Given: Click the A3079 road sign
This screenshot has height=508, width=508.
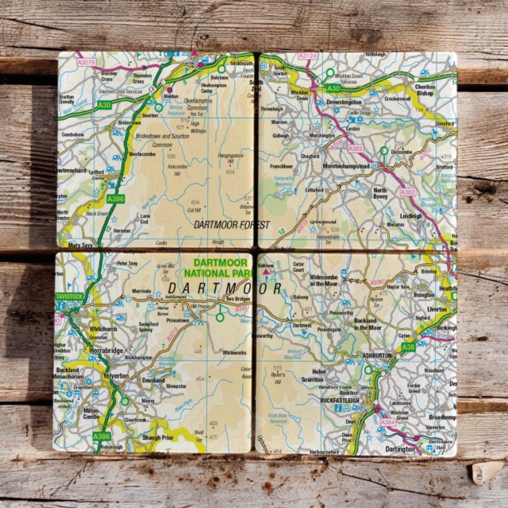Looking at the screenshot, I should (x=88, y=60).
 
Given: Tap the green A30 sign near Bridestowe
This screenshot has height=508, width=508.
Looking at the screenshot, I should (x=104, y=104).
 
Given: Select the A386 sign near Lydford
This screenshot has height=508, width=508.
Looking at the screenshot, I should (x=116, y=199).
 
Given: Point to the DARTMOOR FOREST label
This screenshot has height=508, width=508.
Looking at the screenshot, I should (x=232, y=225).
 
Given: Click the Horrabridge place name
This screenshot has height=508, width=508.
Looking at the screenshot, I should (x=108, y=350).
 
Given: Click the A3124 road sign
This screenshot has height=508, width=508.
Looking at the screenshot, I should (x=308, y=56).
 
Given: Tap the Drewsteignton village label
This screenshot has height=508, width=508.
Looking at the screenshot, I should (x=344, y=103).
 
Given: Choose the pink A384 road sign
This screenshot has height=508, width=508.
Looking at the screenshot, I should (x=388, y=422).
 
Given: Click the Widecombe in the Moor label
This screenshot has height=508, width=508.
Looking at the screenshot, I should (x=323, y=280).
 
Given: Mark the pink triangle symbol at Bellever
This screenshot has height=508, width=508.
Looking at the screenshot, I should (x=267, y=272).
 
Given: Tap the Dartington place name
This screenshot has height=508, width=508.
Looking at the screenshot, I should (x=400, y=448).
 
